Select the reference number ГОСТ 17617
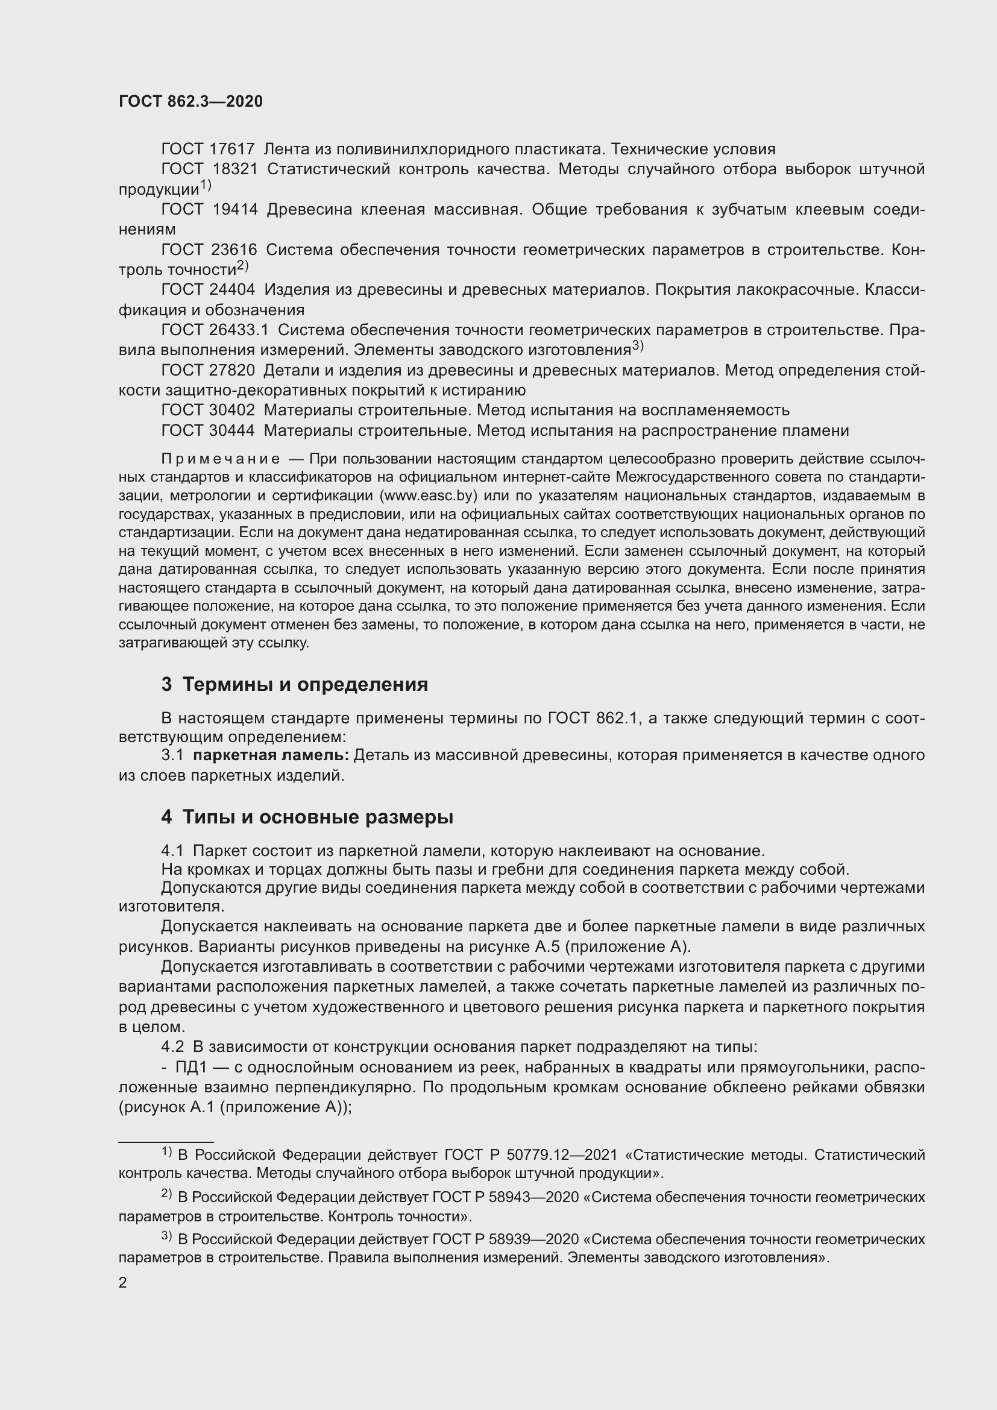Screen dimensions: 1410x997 pos(207,149)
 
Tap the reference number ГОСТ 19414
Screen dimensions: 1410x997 pos(209,209)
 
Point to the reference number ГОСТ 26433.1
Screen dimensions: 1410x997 pos(214,330)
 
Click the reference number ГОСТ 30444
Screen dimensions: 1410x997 pos(207,430)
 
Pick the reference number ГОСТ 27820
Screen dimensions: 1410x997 pos(207,370)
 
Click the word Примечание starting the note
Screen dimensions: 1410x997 pos(221,459)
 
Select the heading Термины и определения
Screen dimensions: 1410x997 pos(305,684)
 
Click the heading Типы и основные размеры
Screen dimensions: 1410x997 pos(318,817)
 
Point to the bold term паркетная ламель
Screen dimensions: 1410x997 pos(270,755)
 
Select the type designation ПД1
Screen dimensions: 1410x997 pos(192,1067)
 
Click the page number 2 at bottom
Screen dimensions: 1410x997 pos(123,1282)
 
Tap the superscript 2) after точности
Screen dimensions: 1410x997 pos(242,266)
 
